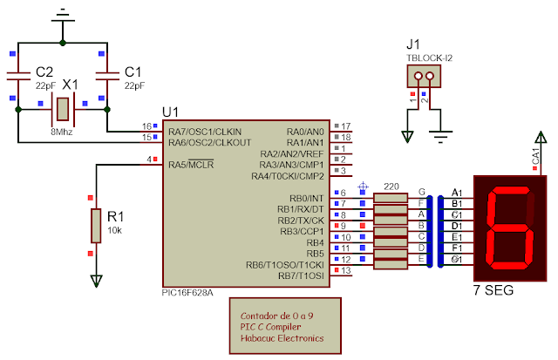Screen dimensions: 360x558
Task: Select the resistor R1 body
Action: [x=96, y=225]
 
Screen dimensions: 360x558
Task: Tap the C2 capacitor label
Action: [x=44, y=71]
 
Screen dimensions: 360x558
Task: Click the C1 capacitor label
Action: [x=133, y=71]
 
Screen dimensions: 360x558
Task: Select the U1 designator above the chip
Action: [x=171, y=112]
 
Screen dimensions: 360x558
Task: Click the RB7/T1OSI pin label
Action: [x=300, y=276]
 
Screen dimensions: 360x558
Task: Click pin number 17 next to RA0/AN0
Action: [x=345, y=126]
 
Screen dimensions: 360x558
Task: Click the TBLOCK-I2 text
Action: [x=429, y=58]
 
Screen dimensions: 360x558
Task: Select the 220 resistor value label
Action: [x=391, y=187]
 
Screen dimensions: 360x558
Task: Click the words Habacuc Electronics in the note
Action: [x=282, y=338]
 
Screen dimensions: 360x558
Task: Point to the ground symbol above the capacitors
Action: [x=62, y=15]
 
